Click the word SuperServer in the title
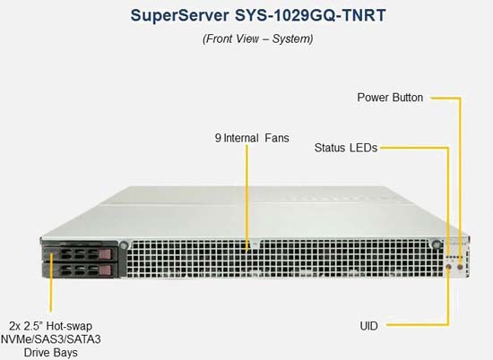(x=180, y=15)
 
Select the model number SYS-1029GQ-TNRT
(x=310, y=15)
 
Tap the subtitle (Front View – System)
(x=258, y=39)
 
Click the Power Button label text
(x=390, y=98)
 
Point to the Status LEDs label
(x=346, y=148)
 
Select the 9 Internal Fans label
(x=252, y=138)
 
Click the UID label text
(x=368, y=326)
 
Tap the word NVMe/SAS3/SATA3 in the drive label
(x=51, y=339)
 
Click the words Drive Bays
(x=50, y=353)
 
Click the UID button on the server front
(x=449, y=268)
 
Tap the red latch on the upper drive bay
(x=105, y=253)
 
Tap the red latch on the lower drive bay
(x=105, y=270)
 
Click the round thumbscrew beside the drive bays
(x=124, y=244)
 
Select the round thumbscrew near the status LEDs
(x=437, y=244)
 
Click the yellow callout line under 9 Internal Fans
(x=247, y=198)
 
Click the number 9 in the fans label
(x=218, y=138)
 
